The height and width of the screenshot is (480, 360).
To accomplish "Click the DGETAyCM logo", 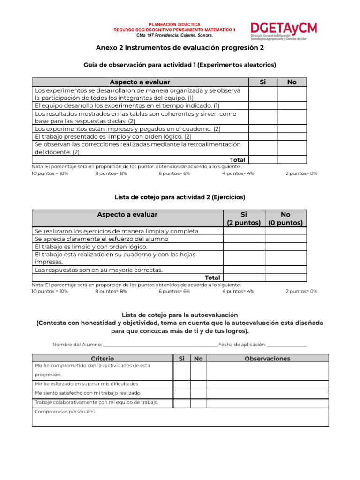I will [x=284, y=31].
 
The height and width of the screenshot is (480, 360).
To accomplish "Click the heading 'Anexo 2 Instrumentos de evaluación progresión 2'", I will [x=180, y=48].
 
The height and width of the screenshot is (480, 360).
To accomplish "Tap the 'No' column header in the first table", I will [x=292, y=82].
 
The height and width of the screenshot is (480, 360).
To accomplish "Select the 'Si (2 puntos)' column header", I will [x=243, y=218].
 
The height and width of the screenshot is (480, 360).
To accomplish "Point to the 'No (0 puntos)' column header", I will [x=285, y=218].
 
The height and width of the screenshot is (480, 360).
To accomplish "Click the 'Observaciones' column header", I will [x=267, y=359].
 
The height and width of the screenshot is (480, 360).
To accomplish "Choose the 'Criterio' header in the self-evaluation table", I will [x=103, y=359].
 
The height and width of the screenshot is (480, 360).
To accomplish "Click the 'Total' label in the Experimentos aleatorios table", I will [x=237, y=160].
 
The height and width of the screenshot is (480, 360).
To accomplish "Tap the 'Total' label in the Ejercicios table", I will [x=212, y=277].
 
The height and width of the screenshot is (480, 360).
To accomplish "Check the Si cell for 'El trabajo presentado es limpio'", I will [x=262, y=136].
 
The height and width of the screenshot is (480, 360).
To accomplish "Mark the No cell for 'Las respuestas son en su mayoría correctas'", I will [x=285, y=270].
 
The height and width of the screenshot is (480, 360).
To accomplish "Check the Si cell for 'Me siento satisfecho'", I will [x=181, y=393].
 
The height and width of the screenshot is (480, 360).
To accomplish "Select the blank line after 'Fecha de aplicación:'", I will [x=287, y=345].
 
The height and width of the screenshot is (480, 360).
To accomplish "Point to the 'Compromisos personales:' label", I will [x=65, y=412].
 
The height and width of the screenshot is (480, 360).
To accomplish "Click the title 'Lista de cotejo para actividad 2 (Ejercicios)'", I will [x=180, y=197].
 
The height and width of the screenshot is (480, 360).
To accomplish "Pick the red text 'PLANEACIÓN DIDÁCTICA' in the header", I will [x=174, y=24].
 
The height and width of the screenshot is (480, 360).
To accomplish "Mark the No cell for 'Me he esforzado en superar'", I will [x=198, y=384].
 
